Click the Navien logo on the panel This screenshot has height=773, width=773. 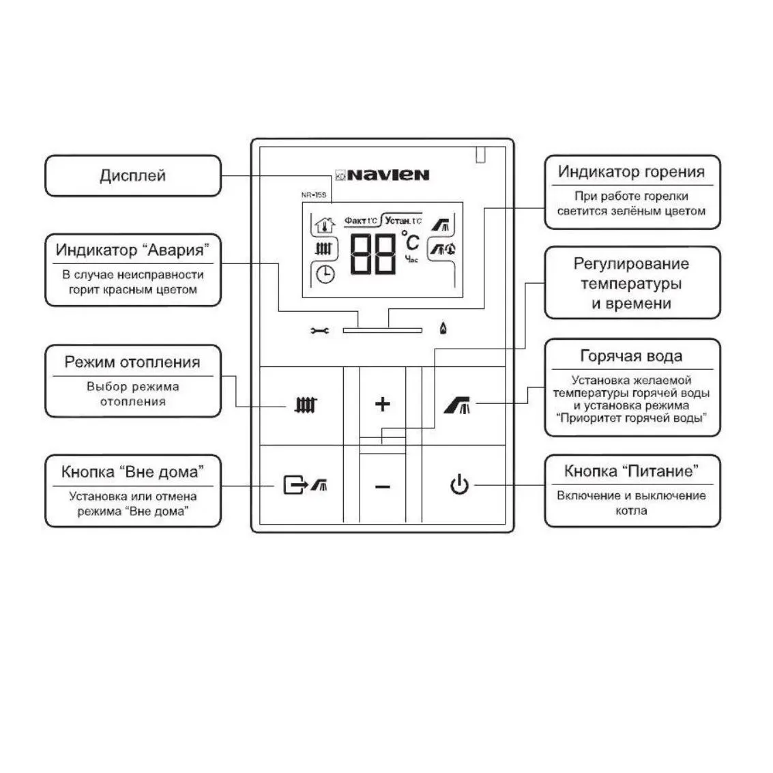(x=382, y=175)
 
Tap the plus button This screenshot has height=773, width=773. (x=383, y=405)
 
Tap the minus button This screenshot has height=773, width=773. (x=383, y=487)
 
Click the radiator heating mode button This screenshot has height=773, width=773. (x=306, y=405)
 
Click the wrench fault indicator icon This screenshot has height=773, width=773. (x=319, y=330)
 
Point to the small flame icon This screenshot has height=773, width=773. (x=443, y=328)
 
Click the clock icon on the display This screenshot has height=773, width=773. (x=325, y=274)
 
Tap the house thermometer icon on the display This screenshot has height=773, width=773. (x=324, y=224)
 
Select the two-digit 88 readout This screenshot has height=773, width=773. (x=373, y=254)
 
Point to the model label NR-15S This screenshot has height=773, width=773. (x=314, y=194)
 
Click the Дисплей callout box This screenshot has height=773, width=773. (x=133, y=176)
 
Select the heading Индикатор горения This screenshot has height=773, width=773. (x=632, y=171)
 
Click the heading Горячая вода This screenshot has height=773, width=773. (x=632, y=356)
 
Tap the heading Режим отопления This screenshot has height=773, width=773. (x=132, y=362)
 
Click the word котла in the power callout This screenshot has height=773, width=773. (x=632, y=511)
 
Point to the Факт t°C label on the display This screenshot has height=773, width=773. (x=360, y=220)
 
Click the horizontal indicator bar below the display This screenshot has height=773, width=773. (x=383, y=330)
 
